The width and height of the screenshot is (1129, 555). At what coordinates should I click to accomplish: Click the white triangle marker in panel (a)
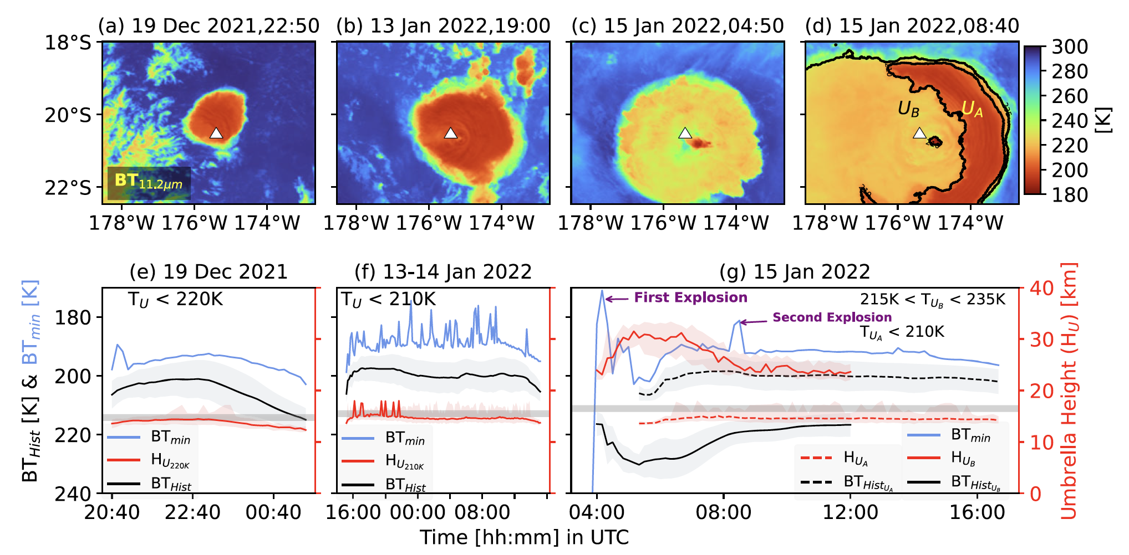click(216, 133)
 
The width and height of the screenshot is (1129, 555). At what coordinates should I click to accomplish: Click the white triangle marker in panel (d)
click(919, 133)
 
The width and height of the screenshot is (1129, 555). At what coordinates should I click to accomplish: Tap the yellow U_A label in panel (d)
click(972, 109)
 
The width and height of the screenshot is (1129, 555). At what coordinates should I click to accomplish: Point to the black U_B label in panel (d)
click(908, 109)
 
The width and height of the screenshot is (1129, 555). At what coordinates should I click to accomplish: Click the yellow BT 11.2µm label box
click(149, 183)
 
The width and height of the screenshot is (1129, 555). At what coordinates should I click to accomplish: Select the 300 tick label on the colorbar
click(1070, 47)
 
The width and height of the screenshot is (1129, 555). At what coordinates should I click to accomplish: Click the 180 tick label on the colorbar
click(1070, 195)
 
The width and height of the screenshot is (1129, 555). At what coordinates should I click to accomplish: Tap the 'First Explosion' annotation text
click(690, 297)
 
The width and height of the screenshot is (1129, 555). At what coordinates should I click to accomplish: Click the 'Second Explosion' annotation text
click(832, 317)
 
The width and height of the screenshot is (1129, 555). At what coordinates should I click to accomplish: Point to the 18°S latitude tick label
click(68, 43)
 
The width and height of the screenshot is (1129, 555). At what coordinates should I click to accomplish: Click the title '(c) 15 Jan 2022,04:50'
click(678, 25)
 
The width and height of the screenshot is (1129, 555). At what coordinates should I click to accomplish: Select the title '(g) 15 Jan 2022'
click(795, 272)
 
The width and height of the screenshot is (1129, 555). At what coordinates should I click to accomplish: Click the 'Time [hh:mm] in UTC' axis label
click(524, 537)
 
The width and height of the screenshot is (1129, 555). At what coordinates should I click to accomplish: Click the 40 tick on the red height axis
click(1041, 288)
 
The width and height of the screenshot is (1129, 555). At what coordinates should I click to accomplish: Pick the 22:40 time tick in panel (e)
click(192, 512)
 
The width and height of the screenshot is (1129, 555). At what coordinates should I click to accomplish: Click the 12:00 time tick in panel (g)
click(850, 512)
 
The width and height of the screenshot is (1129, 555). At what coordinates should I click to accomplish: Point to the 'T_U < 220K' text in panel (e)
click(175, 300)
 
